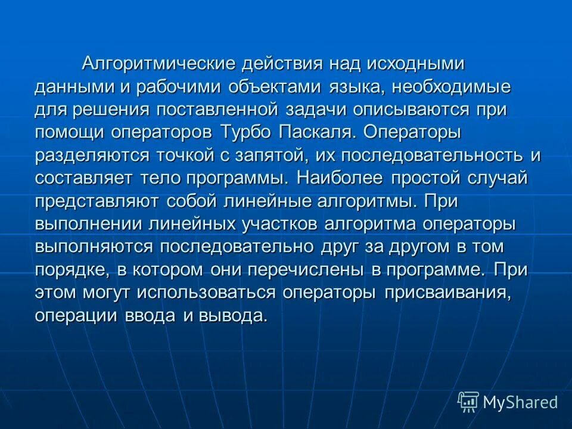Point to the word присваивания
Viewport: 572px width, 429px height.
[447, 293]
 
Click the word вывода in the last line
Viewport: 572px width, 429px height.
[234, 315]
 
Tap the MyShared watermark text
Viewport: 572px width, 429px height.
[520, 402]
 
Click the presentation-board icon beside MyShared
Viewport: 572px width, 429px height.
[468, 402]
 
